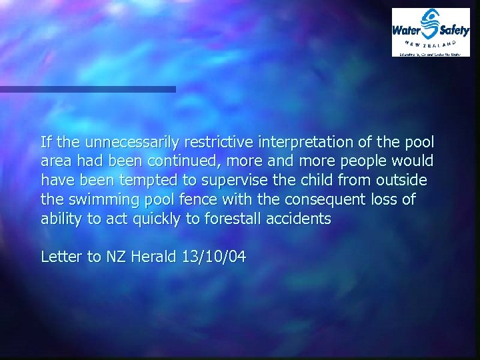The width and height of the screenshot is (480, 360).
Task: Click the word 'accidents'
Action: [x=301, y=219]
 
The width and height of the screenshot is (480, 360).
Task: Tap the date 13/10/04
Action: [x=213, y=257]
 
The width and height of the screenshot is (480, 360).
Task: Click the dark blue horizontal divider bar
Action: [x=87, y=89]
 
